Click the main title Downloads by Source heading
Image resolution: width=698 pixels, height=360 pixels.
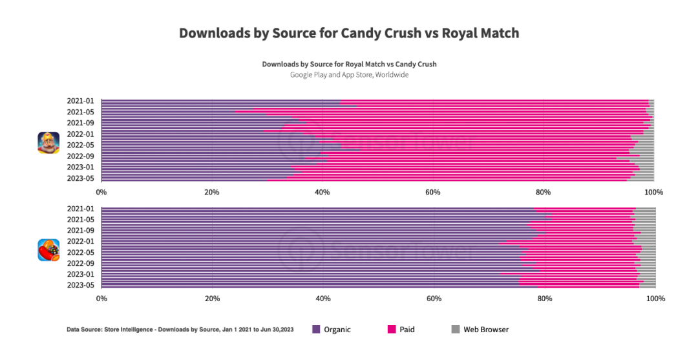[x=349, y=33]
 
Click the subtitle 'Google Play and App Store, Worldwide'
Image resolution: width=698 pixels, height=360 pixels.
[x=349, y=75]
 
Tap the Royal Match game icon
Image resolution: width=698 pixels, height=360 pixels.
[x=48, y=142]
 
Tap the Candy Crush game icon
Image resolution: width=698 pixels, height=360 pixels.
[x=48, y=249]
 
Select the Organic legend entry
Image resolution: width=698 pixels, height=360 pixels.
[x=332, y=330]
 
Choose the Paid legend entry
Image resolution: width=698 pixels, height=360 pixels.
[x=401, y=330]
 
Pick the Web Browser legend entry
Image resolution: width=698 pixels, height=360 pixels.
[x=479, y=330]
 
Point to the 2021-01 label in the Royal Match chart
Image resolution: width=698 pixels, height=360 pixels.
[x=81, y=101]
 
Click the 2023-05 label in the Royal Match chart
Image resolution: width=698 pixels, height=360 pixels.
[x=81, y=178]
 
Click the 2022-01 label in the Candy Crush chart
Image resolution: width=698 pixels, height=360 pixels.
[x=81, y=241]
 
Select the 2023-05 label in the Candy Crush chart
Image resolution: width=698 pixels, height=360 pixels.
[x=81, y=285]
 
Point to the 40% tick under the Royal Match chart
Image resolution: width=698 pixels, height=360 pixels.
[x=323, y=192]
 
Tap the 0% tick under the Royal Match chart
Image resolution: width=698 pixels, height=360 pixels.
[x=101, y=192]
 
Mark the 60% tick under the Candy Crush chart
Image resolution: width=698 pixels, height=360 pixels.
[x=434, y=299]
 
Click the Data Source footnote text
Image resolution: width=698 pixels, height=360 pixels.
[x=180, y=330]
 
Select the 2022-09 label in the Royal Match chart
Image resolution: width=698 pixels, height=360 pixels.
[x=81, y=156]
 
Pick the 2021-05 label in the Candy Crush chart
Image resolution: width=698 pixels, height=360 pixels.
[x=81, y=219]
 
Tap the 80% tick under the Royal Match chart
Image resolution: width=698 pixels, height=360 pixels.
[x=544, y=192]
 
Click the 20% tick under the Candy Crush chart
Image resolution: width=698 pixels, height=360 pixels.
[x=212, y=299]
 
